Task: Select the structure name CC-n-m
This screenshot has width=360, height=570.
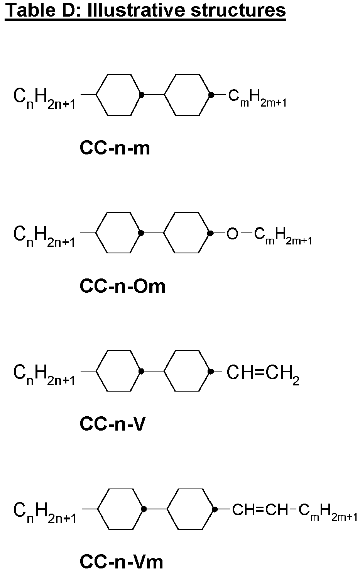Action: pyautogui.click(x=115, y=148)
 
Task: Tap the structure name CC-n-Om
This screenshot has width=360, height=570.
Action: pyautogui.click(x=122, y=286)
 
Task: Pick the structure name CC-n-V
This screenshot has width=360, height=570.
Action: pyautogui.click(x=113, y=424)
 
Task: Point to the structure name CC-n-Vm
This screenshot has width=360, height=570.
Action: pyautogui.click(x=121, y=562)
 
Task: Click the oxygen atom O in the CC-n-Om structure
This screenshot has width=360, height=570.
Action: pyautogui.click(x=232, y=233)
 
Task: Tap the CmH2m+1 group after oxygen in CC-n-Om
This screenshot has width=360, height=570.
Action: pyautogui.click(x=283, y=236)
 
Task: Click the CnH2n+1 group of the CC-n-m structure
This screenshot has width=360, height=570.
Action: pyautogui.click(x=44, y=99)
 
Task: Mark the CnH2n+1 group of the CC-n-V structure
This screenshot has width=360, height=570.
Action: pyautogui.click(x=44, y=375)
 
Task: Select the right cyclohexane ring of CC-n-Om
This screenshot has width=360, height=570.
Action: pyautogui.click(x=186, y=212)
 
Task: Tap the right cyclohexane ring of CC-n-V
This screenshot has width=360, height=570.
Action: pyautogui.click(x=187, y=351)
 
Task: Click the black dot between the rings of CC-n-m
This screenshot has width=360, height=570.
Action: pyautogui.click(x=142, y=95)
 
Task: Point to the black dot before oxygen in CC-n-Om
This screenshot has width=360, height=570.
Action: pyautogui.click(x=210, y=233)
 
